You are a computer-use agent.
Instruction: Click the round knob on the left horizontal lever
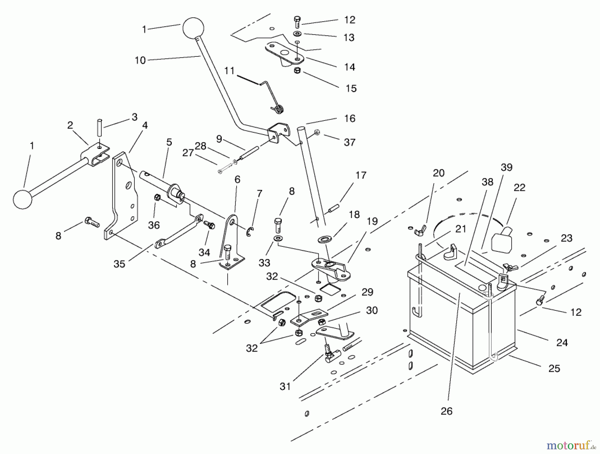[x=23, y=199]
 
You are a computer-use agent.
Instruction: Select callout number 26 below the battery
[x=446, y=411]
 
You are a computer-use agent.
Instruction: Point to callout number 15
[x=351, y=88]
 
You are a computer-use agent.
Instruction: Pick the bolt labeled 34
[x=209, y=225]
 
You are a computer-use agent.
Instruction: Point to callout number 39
[x=506, y=168]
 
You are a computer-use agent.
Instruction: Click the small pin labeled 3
[x=99, y=127]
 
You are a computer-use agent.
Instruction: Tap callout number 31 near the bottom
[x=285, y=387]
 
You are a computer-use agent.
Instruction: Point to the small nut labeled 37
[x=317, y=132]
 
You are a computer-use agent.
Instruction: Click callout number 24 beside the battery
[x=562, y=343]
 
